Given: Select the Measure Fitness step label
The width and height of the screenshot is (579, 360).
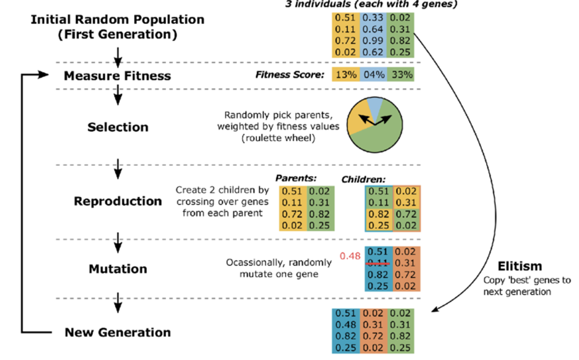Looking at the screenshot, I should [117, 76].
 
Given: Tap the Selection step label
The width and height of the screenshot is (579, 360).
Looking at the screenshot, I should [118, 127].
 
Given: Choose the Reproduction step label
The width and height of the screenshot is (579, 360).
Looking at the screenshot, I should [118, 201].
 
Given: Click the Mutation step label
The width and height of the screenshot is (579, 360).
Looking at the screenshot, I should [118, 269].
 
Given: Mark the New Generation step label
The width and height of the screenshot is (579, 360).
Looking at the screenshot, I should [118, 333].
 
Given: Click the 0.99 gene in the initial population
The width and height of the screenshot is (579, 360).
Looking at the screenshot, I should [373, 42].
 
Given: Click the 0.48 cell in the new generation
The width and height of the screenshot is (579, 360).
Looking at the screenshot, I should [346, 325].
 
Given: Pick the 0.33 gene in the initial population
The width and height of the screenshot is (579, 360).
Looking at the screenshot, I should [373, 18].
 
